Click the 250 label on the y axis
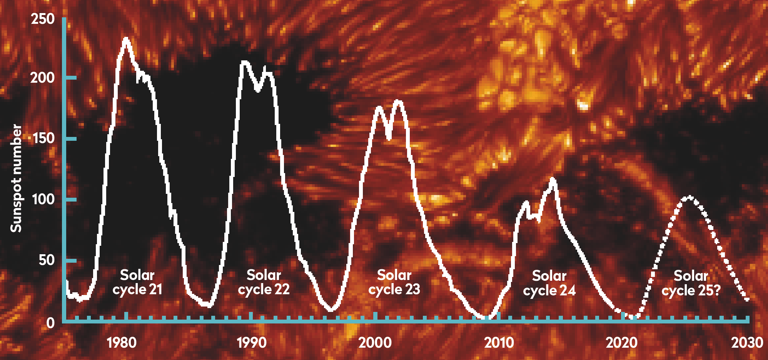point(43,19)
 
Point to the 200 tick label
point(42,78)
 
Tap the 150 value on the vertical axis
point(43,138)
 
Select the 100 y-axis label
point(43,199)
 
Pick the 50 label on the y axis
point(47,260)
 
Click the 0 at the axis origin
point(50,323)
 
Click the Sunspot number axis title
point(16,178)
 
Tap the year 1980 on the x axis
point(122,342)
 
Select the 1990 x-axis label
point(252,342)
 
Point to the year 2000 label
point(375,342)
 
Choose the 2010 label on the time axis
point(499,342)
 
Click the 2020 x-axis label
point(622,342)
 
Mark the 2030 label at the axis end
point(747,342)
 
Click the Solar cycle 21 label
point(137,282)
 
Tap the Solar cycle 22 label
point(264,282)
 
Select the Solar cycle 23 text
point(394,282)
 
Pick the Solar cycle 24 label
point(549,283)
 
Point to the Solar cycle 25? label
point(691,283)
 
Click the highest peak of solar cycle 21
point(126,38)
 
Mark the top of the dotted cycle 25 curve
point(689,198)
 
